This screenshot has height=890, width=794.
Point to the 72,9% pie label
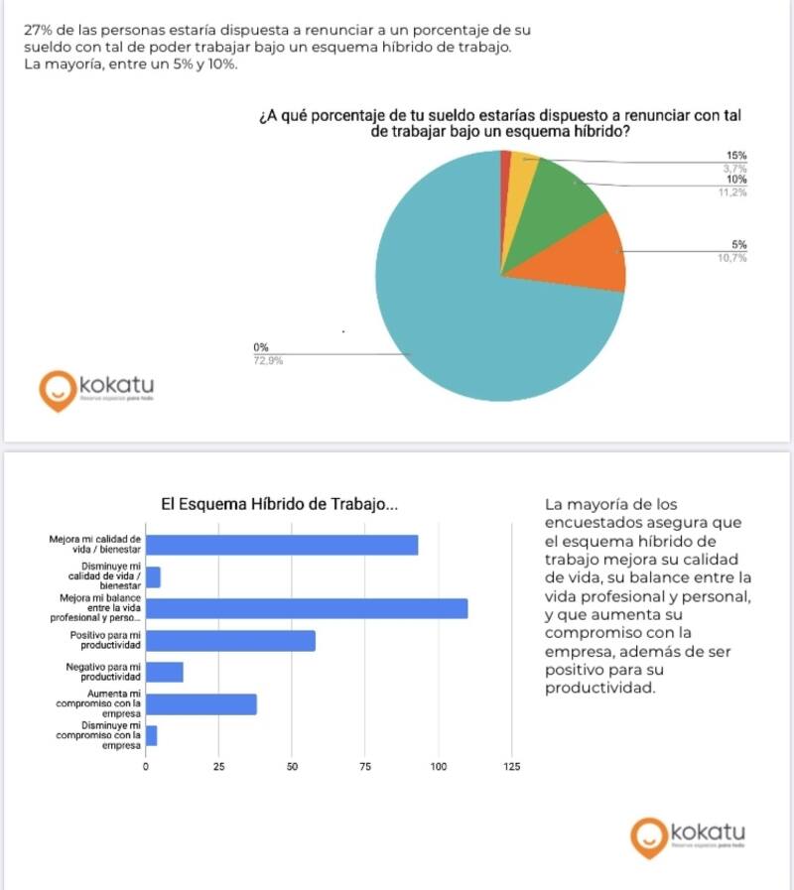(x=268, y=361)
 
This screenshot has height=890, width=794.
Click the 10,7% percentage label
(x=731, y=258)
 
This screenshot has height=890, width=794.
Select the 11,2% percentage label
(x=731, y=192)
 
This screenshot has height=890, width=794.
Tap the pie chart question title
(x=500, y=124)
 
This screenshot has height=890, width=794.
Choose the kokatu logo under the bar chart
(x=688, y=836)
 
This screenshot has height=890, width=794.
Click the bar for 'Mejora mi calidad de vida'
(x=282, y=546)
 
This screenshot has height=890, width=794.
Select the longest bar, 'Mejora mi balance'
(x=307, y=609)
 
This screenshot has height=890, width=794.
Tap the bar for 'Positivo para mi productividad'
(x=230, y=641)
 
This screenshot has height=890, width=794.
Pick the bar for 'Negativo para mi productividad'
(x=165, y=673)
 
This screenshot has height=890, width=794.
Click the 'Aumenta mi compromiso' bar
(x=201, y=704)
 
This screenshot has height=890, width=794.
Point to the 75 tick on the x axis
(x=364, y=767)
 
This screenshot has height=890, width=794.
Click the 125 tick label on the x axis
(x=511, y=767)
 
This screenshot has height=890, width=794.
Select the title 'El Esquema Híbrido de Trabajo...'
(x=280, y=504)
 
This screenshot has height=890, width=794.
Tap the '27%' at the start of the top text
(x=38, y=30)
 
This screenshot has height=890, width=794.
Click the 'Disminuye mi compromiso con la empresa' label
(x=99, y=735)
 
